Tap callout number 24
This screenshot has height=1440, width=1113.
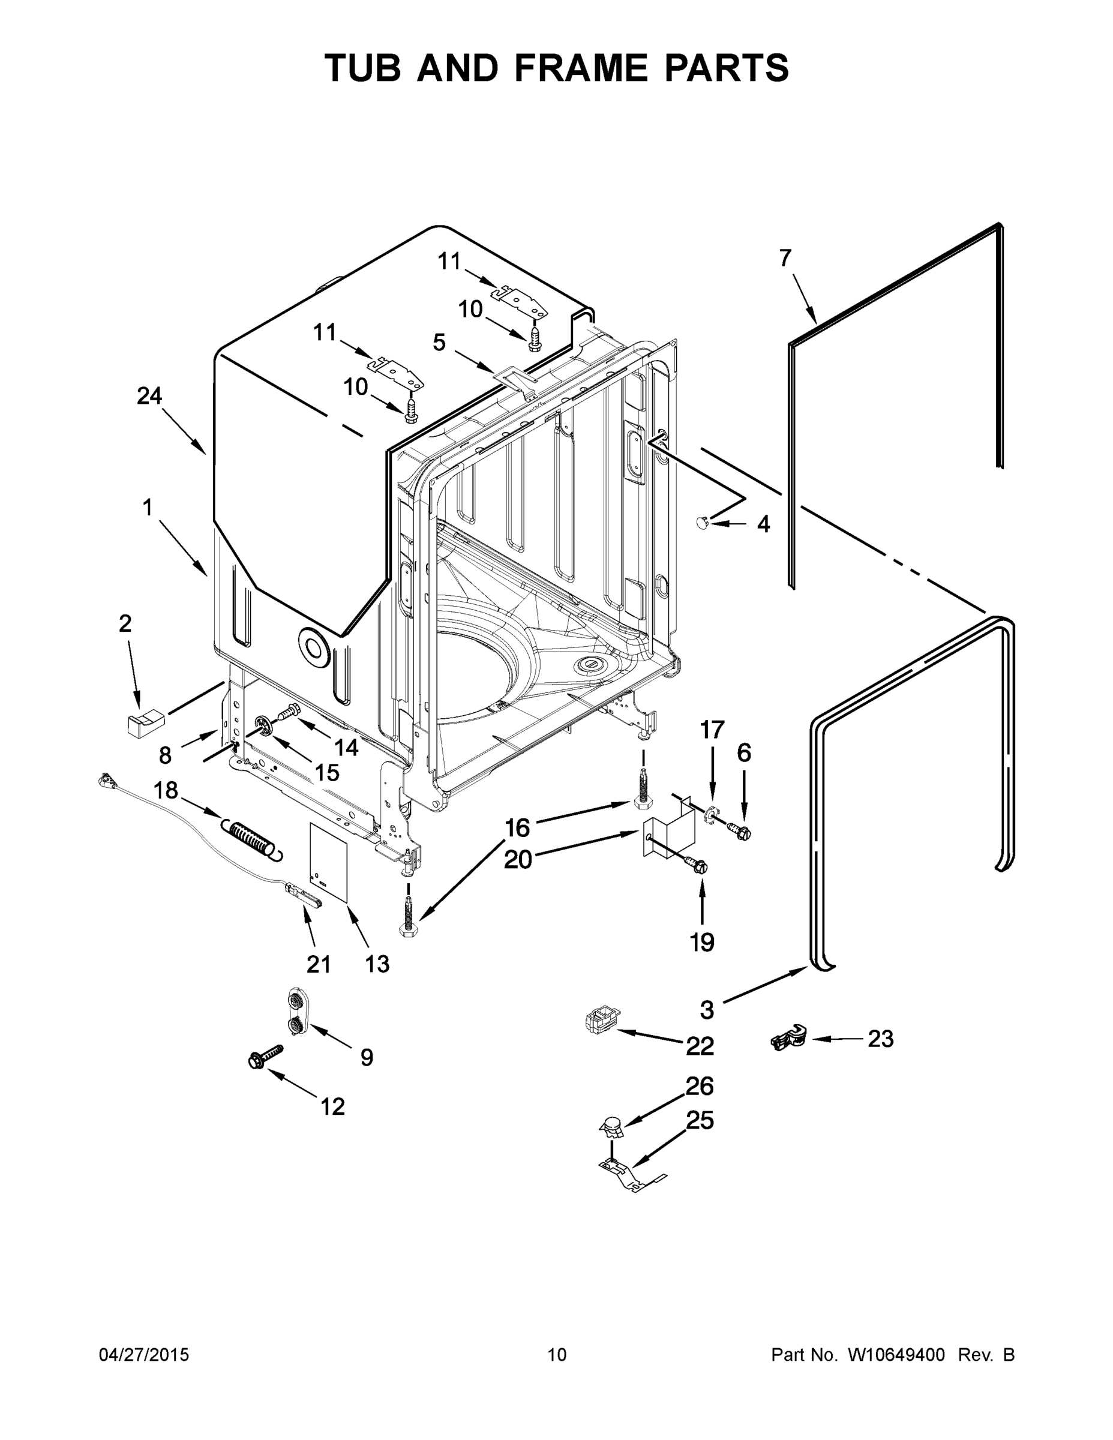149,395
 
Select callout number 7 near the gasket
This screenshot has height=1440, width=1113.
785,259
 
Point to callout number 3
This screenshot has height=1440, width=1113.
707,1009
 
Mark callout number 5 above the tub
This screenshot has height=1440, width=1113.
439,342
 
